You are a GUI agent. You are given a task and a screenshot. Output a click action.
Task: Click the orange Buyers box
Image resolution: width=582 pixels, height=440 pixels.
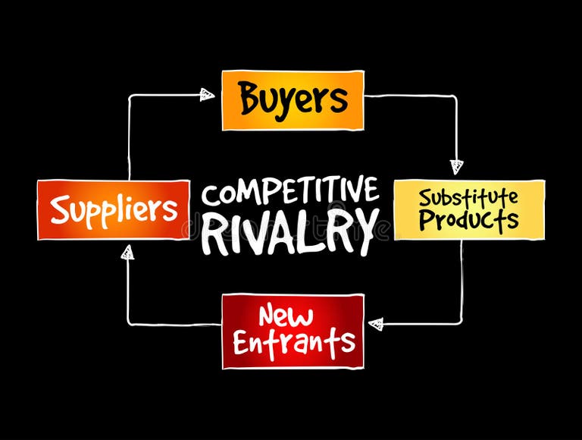293,100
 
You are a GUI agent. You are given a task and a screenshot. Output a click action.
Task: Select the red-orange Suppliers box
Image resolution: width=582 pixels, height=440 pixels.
114,210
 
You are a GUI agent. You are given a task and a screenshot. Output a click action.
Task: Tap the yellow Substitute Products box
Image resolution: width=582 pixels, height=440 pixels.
469,209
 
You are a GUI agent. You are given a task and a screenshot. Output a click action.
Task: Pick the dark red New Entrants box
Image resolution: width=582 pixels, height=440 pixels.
293,332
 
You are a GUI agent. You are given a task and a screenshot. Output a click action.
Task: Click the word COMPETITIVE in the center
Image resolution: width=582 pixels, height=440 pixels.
290,193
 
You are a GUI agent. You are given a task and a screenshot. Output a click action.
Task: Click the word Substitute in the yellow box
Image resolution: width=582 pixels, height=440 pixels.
469,198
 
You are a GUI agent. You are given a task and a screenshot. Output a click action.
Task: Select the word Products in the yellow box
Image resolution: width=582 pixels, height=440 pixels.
469,221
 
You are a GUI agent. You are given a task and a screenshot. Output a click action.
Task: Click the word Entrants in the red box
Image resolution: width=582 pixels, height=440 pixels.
293,343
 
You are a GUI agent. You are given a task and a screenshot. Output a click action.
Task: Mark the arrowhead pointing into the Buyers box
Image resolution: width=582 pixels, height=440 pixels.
208,94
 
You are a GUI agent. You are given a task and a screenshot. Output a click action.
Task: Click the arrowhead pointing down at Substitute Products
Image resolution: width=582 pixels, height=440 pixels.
455,166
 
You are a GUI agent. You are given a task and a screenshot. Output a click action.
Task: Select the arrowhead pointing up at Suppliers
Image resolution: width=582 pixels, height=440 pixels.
128,253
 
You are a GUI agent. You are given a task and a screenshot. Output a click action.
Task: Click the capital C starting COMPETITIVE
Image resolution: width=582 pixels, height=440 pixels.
211,194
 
